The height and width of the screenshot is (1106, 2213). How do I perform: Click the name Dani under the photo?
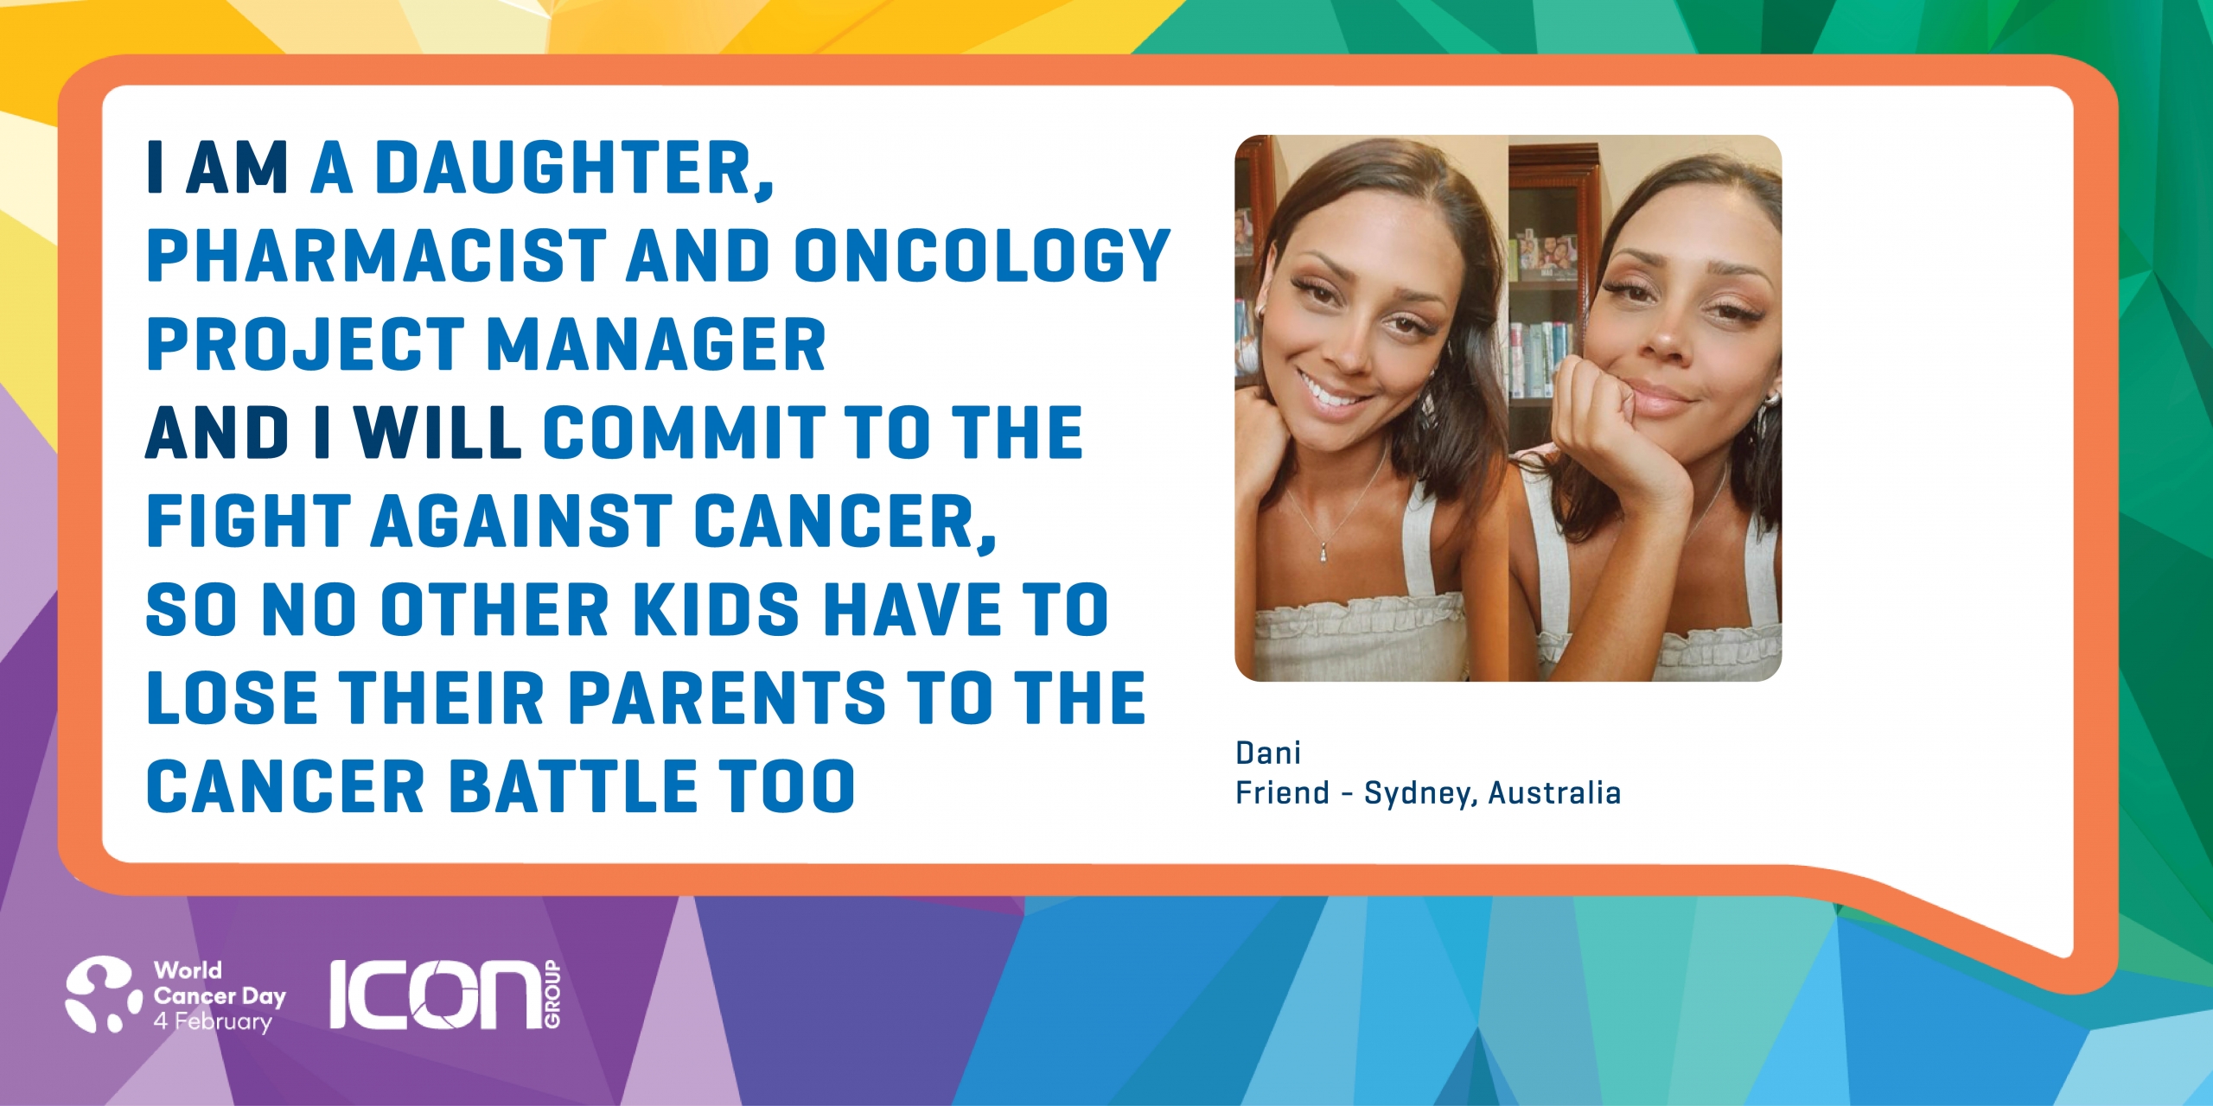[1268, 753]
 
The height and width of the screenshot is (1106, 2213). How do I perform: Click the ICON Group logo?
[446, 995]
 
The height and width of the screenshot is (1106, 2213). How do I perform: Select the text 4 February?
[213, 1021]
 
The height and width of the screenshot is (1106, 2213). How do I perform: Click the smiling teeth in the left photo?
[1330, 394]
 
